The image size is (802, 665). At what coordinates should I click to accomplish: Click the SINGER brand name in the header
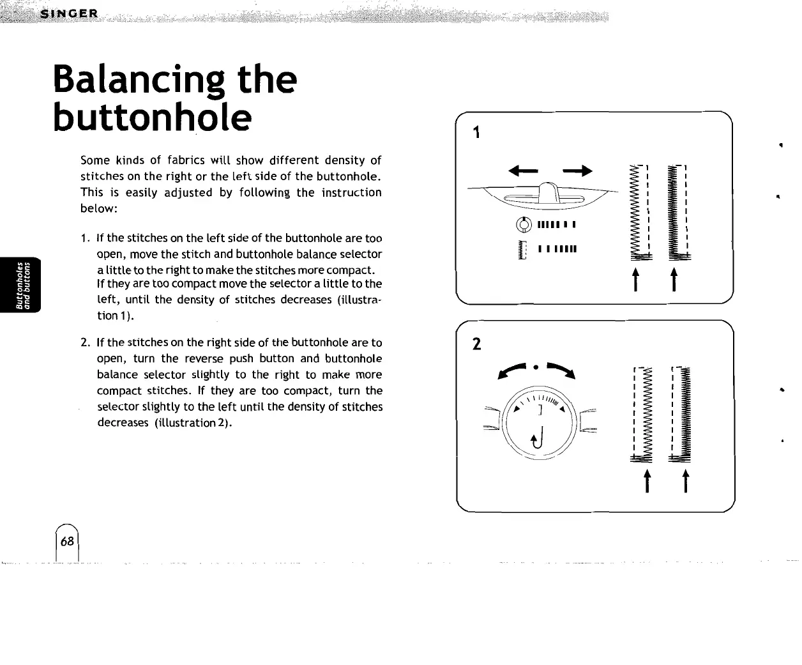(x=68, y=14)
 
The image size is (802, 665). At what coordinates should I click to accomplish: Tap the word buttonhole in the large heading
(x=152, y=117)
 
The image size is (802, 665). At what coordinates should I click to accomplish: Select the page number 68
(x=67, y=542)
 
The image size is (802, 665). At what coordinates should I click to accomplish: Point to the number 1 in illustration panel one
(x=476, y=132)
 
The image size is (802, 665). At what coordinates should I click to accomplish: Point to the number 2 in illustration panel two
(x=476, y=344)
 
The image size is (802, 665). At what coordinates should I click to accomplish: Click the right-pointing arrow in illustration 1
(x=578, y=171)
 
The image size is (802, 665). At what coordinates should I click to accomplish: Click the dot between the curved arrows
(x=537, y=367)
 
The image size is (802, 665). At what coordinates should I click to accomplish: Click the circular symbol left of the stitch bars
(x=524, y=224)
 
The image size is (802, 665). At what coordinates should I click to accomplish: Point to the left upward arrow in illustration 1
(x=635, y=279)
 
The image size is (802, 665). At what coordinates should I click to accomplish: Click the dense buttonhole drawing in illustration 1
(x=675, y=211)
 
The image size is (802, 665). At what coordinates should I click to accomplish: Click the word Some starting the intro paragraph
(x=95, y=160)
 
